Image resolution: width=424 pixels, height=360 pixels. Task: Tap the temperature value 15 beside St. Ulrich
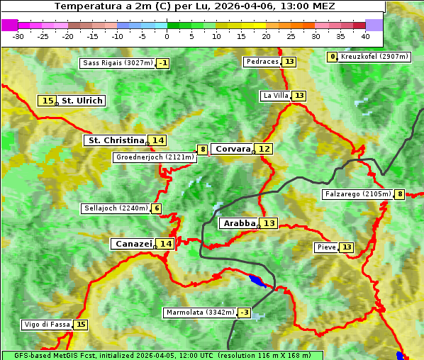47,101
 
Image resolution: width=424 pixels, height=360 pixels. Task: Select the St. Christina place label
115,140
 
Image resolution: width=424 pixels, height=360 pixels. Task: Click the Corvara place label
233,149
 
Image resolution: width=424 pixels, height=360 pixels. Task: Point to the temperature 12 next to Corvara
264,149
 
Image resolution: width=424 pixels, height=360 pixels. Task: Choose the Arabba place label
239,223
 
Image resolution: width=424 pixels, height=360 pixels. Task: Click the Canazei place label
133,243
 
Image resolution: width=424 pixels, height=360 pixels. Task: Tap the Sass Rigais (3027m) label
118,63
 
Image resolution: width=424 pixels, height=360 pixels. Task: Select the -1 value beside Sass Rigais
163,63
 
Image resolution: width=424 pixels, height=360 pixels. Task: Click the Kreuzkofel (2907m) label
374,57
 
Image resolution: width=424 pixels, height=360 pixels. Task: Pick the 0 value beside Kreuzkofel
332,57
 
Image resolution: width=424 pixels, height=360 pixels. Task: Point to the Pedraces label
262,62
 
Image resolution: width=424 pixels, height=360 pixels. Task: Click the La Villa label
275,96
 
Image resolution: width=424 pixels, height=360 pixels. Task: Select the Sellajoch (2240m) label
116,208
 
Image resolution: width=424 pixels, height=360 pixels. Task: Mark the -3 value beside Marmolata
245,313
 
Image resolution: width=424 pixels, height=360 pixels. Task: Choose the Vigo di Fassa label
47,325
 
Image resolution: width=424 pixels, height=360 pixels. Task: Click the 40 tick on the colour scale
365,35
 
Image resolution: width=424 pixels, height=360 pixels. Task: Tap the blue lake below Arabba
258,281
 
